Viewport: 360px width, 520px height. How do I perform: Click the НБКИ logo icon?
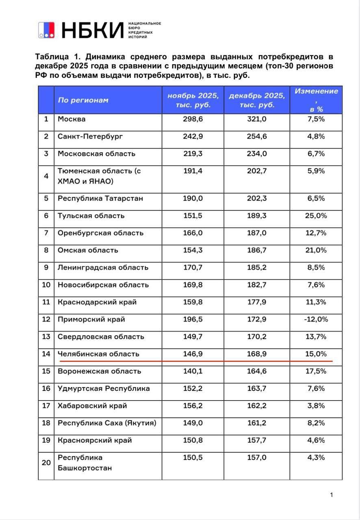[46, 30]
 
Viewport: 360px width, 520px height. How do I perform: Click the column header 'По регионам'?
[83, 100]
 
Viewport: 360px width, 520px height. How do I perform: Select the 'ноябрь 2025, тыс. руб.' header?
[193, 100]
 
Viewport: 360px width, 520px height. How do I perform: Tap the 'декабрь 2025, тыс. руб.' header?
[257, 100]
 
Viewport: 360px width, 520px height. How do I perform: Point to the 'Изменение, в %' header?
[316, 100]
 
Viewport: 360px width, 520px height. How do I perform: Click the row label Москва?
[72, 119]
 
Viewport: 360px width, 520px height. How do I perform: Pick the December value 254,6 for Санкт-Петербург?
[257, 136]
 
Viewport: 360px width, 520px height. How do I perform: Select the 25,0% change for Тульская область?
[316, 216]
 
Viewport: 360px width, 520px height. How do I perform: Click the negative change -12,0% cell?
[316, 319]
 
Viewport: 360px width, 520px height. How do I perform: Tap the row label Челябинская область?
[98, 354]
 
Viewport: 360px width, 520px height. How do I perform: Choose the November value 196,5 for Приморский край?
[193, 319]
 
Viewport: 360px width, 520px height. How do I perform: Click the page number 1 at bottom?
[332, 494]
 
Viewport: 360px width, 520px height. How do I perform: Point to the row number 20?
[46, 462]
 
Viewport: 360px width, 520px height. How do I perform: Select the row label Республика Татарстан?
[100, 199]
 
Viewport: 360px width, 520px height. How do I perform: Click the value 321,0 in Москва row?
[257, 119]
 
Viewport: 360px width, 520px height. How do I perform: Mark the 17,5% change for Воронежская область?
[316, 371]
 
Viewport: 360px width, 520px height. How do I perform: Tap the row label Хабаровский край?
[92, 406]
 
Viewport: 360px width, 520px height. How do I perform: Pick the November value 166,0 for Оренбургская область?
[193, 233]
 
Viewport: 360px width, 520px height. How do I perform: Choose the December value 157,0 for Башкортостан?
[257, 457]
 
